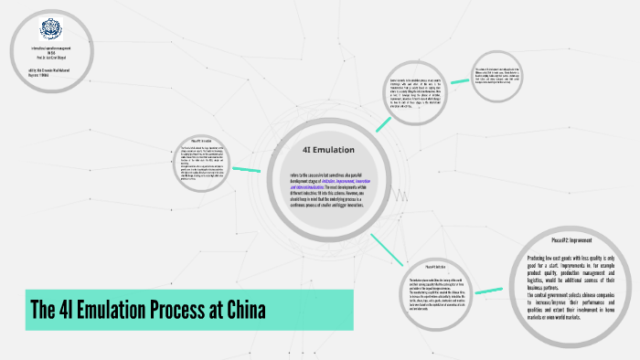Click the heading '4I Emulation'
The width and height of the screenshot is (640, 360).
[327, 149]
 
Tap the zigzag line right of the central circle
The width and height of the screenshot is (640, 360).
[400, 193]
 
